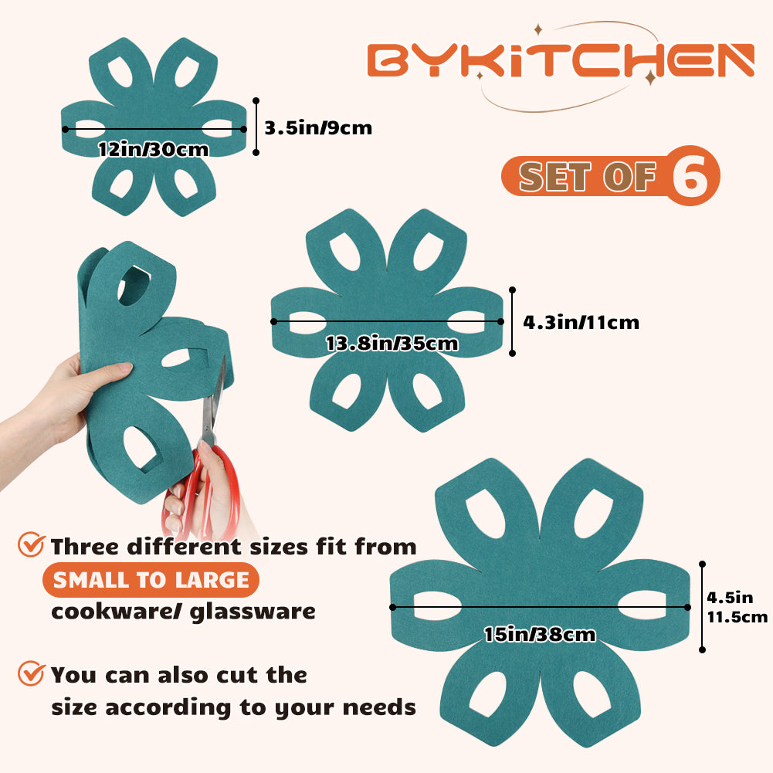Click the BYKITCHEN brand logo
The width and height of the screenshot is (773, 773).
point(560,61)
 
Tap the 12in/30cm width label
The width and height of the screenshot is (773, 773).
point(154,149)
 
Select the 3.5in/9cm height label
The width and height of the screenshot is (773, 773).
point(318,127)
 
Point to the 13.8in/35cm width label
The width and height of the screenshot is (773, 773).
point(392,343)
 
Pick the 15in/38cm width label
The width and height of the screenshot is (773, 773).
point(540,635)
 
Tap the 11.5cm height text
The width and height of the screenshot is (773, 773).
point(737,616)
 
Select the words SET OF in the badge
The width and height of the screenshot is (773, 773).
point(588,177)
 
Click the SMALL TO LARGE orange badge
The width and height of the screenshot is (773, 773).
point(151,580)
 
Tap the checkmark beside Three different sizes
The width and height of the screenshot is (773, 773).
point(31,545)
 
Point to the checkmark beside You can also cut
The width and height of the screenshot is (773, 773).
point(31,673)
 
